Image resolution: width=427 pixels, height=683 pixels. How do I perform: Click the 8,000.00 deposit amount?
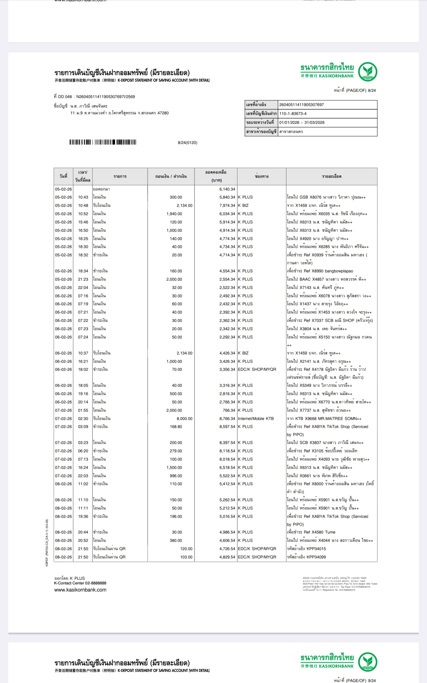click(x=184, y=419)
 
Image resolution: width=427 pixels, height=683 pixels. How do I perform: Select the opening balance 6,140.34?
click(x=227, y=189)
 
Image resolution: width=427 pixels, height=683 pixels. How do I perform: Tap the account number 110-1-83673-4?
click(x=293, y=114)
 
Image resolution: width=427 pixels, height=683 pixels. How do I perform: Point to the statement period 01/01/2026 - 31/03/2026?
click(x=302, y=122)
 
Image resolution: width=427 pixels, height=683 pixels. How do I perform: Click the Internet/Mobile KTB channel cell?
click(x=256, y=419)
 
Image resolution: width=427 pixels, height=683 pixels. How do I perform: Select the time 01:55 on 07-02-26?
click(x=83, y=410)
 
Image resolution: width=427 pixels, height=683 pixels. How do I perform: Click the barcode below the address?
click(x=103, y=142)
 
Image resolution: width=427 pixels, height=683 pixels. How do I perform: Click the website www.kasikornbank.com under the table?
click(x=80, y=590)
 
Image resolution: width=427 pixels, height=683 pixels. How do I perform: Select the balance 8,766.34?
click(x=227, y=419)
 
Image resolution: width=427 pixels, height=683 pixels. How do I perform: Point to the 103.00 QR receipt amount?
click(x=186, y=557)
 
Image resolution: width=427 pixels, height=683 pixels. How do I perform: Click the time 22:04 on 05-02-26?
click(x=83, y=288)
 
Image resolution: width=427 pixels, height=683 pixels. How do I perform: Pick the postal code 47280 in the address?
click(x=163, y=113)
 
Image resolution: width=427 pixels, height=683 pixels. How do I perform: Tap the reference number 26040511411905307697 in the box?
click(x=301, y=105)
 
